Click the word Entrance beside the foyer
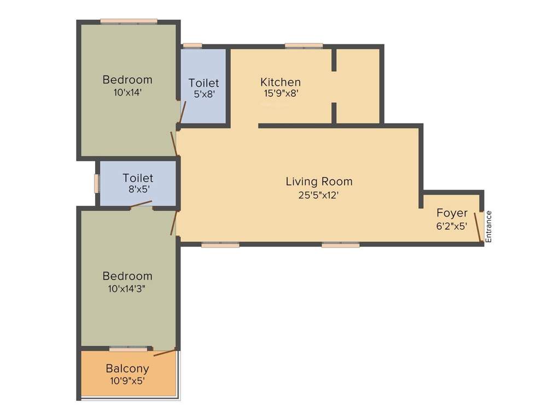click(489, 226)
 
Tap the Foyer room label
click(452, 213)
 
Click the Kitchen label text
click(280, 82)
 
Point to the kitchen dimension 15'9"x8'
click(281, 94)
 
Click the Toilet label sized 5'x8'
click(203, 83)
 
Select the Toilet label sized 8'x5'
click(138, 178)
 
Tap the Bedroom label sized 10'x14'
click(127, 79)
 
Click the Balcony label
click(127, 369)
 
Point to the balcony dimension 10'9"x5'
click(127, 381)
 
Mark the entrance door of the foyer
click(477, 227)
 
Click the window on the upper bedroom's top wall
click(129, 21)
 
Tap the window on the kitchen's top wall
click(304, 46)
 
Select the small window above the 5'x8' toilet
click(192, 45)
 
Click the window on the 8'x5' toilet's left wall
click(96, 183)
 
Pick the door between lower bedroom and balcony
click(165, 352)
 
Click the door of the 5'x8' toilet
click(183, 112)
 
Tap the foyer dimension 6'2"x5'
click(452, 225)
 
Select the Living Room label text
click(319, 181)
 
